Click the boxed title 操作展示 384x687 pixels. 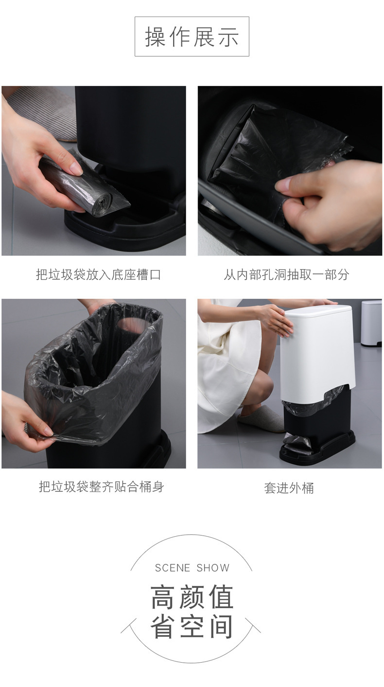[192, 36]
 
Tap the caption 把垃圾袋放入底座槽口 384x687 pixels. [99, 274]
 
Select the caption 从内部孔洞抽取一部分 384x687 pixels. [287, 274]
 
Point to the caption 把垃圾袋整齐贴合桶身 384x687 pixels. [102, 487]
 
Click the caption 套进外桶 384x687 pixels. [289, 488]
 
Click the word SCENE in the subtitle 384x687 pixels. [173, 568]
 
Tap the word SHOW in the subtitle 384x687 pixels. [213, 568]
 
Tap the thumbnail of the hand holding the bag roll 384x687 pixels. [94, 171]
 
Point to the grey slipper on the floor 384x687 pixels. [262, 418]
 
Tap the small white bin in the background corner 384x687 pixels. [371, 323]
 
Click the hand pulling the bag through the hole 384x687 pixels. [328, 205]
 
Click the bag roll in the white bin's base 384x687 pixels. [296, 441]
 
